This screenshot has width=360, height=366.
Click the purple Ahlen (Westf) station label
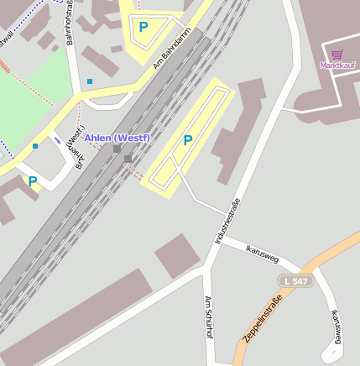pyautogui.click(x=117, y=138)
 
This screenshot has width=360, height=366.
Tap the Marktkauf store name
pyautogui.click(x=337, y=65)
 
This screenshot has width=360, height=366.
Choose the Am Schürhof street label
pyautogui.click(x=207, y=316)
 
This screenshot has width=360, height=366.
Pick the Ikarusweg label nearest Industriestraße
pyautogui.click(x=261, y=253)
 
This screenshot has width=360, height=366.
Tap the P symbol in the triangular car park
pyautogui.click(x=143, y=27)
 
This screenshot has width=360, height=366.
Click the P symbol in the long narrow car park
pyautogui.click(x=188, y=140)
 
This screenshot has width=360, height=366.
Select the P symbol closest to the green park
pyautogui.click(x=32, y=180)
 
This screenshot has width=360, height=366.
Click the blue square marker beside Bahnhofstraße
pyautogui.click(x=90, y=81)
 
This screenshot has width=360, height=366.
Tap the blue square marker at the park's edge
pyautogui.click(x=35, y=146)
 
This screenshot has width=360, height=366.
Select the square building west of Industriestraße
pyautogui.click(x=177, y=255)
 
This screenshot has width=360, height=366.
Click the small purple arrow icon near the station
pyautogui.click(x=57, y=140)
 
